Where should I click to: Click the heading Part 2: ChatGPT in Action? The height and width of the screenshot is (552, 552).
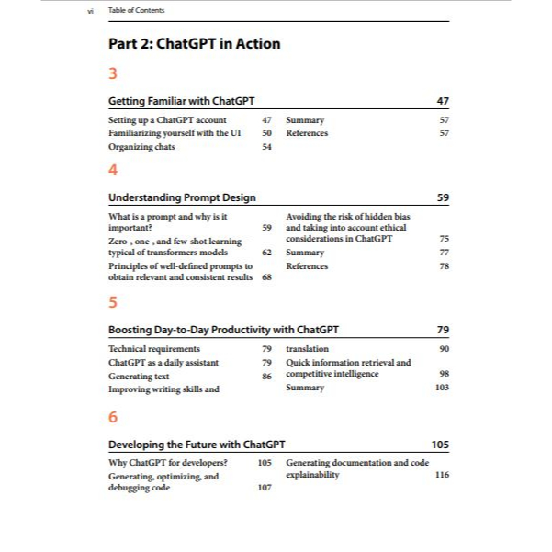pyautogui.click(x=195, y=43)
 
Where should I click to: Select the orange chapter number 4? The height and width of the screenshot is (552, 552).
pyautogui.click(x=113, y=170)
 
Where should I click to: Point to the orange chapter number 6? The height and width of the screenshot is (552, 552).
pyautogui.click(x=113, y=417)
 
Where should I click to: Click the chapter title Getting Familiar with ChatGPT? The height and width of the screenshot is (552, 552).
pyautogui.click(x=181, y=100)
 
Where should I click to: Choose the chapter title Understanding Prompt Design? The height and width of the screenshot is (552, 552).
pyautogui.click(x=182, y=197)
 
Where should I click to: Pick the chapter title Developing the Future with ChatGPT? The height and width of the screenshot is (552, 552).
pyautogui.click(x=197, y=445)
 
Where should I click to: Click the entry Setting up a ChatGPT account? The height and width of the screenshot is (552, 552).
pyautogui.click(x=167, y=120)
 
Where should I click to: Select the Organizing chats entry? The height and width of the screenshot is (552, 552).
pyautogui.click(x=141, y=146)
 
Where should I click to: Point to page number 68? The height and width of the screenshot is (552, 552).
pyautogui.click(x=266, y=277)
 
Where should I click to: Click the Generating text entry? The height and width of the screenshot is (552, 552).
pyautogui.click(x=139, y=376)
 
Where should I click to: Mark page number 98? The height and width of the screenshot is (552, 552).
pyautogui.click(x=444, y=374)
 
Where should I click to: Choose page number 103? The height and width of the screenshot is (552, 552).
pyautogui.click(x=442, y=388)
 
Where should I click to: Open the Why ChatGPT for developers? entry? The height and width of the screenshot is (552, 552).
pyautogui.click(x=168, y=462)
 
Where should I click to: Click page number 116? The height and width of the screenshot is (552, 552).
pyautogui.click(x=442, y=475)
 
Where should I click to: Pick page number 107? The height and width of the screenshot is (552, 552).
pyautogui.click(x=265, y=488)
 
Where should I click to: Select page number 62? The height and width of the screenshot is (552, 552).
pyautogui.click(x=266, y=252)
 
